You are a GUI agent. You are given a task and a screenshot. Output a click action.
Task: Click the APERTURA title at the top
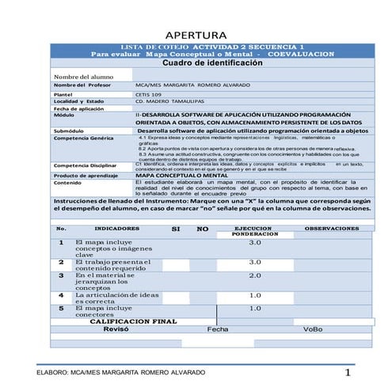tap(196, 36)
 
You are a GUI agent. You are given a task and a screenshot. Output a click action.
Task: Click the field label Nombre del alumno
tap(78, 77)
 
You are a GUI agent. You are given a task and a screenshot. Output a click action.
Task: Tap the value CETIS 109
tap(150, 94)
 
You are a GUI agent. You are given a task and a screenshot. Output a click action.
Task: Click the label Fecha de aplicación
tap(79, 108)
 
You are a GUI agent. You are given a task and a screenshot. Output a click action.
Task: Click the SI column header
tap(176, 228)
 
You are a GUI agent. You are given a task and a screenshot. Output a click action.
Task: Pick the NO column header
tap(202, 228)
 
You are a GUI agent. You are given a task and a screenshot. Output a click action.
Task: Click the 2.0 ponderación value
tap(255, 276)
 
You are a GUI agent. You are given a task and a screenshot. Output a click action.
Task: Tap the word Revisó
tap(117, 329)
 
